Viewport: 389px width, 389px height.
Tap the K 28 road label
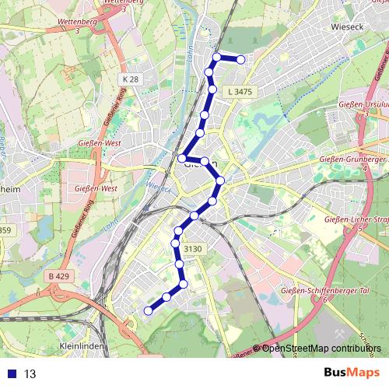click(x=130, y=80)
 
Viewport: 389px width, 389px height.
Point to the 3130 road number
click(x=193, y=248)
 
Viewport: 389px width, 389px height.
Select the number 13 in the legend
click(x=30, y=374)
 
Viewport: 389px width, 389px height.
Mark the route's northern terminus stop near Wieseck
click(x=241, y=60)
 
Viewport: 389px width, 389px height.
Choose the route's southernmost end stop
click(x=148, y=311)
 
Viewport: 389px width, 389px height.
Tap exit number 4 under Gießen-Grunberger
click(x=364, y=167)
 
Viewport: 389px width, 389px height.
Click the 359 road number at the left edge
click(x=5, y=230)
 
